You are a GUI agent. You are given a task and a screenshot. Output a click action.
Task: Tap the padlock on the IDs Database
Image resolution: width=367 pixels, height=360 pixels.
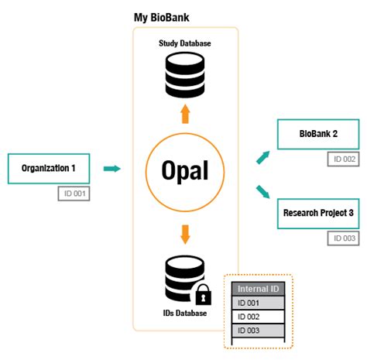[203, 294]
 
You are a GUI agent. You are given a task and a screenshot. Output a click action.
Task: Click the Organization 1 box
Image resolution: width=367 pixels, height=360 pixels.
[49, 168]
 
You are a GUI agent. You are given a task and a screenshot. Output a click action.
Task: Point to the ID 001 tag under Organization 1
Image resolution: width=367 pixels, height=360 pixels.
[75, 194]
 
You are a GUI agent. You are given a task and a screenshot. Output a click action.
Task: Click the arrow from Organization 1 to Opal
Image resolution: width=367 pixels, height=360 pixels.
[112, 168]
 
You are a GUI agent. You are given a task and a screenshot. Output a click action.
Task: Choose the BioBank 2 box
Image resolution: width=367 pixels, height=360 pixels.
[318, 135]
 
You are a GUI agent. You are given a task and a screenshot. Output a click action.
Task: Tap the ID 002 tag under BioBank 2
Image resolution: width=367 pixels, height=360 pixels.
[344, 159]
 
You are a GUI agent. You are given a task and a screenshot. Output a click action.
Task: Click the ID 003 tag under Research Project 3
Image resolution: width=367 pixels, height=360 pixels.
[344, 238]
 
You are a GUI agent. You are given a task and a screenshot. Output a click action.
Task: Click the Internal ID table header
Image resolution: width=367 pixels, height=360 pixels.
[259, 290]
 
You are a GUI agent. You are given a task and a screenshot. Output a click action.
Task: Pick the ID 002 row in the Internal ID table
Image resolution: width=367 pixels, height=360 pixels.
[259, 317]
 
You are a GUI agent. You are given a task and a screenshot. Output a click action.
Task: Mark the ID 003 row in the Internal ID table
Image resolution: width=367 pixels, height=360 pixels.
[259, 331]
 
